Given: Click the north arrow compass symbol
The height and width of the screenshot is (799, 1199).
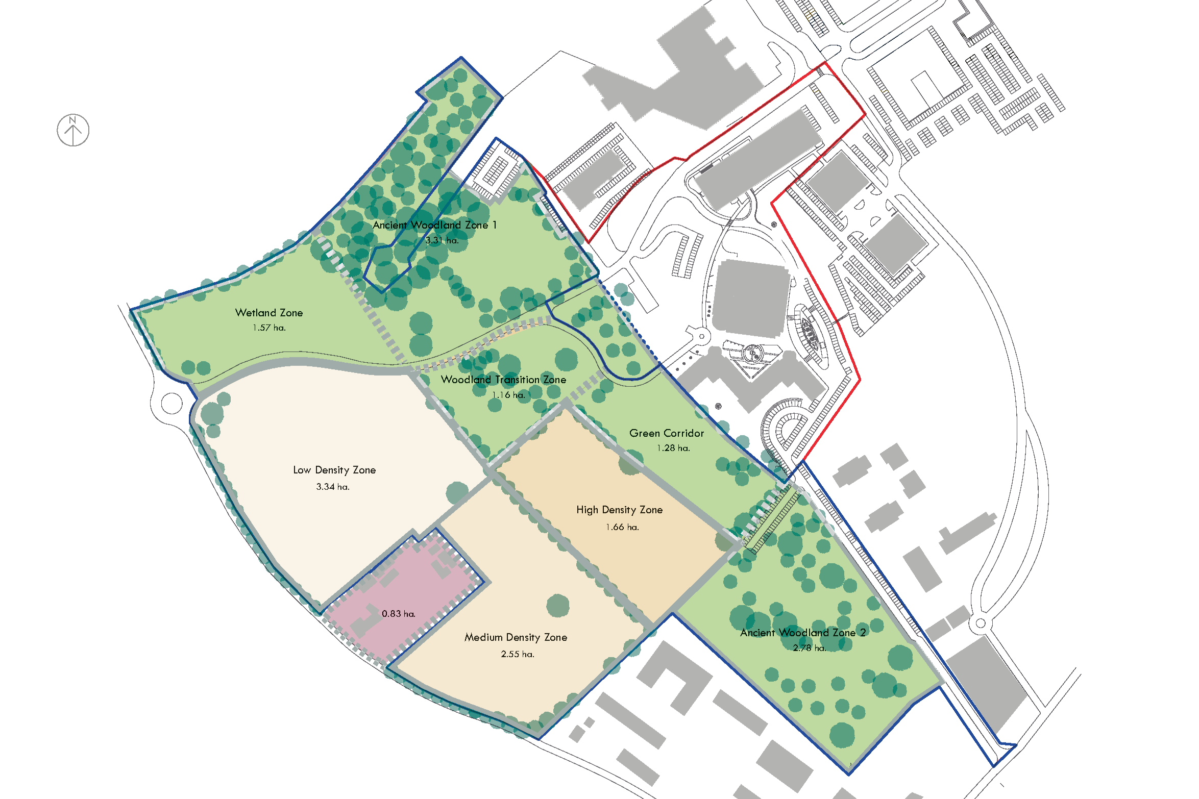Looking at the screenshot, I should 73,130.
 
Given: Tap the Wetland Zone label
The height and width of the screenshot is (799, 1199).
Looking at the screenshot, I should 269,313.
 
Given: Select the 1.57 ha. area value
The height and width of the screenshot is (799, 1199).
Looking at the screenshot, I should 269,328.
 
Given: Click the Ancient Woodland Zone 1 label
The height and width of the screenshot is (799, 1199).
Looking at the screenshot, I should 434,225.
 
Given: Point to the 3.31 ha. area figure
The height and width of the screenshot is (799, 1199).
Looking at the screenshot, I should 442,240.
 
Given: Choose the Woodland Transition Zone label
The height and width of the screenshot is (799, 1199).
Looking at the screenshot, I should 503,380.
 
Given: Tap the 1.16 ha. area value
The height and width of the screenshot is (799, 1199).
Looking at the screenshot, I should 508,395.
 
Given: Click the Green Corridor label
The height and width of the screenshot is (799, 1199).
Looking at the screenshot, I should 667,433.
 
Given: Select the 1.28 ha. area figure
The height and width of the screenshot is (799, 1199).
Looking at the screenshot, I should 673,448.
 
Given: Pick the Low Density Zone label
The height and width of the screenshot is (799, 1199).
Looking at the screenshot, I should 334,470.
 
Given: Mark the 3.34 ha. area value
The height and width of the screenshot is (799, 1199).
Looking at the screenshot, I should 333,487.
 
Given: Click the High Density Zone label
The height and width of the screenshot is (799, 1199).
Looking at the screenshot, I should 619,510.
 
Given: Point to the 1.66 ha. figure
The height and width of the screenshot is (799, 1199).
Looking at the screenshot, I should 622,527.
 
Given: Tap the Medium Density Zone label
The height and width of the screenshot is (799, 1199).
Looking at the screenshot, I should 516,637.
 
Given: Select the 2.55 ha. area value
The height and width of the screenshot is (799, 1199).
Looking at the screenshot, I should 518,654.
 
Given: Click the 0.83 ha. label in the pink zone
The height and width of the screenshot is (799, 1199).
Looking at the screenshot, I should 399,614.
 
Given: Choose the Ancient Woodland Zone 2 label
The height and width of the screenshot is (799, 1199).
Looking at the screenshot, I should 803,633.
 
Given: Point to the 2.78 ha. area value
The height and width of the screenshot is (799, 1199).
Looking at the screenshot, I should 809,648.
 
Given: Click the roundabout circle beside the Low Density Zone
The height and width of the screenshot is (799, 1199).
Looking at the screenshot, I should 172,404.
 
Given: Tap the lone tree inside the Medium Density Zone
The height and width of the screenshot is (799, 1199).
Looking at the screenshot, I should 557,606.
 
